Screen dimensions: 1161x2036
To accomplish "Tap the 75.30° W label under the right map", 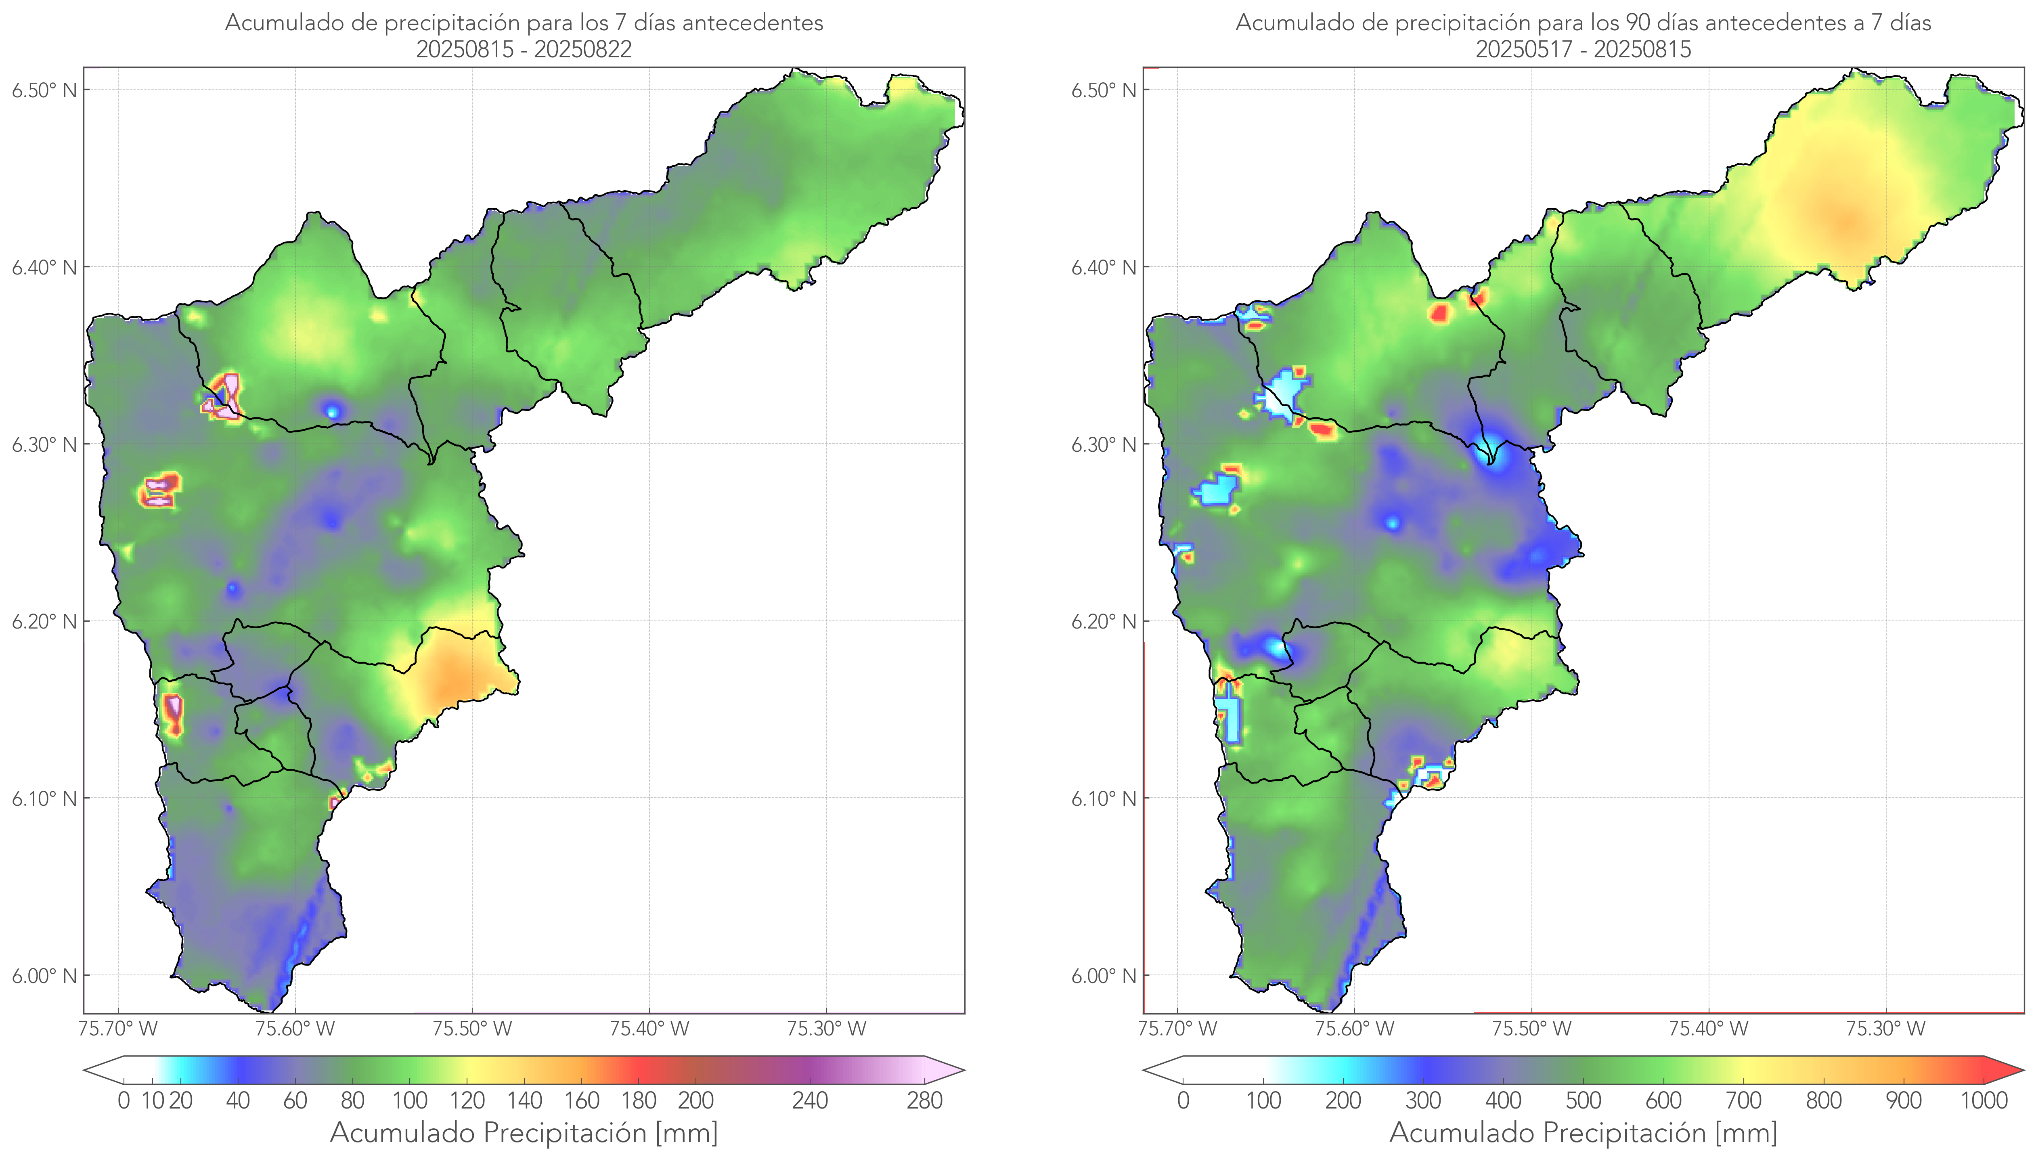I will pos(1885,1029).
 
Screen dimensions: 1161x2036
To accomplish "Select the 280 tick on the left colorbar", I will pos(925,1101).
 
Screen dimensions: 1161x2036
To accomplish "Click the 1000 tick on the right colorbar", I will pos(1984,1101).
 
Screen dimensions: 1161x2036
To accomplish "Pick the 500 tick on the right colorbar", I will pos(1583,1101).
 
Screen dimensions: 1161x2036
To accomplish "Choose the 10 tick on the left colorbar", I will pos(153,1101).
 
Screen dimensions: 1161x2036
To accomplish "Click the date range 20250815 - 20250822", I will pos(524,49).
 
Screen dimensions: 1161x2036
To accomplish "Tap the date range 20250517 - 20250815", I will pos(1583,49).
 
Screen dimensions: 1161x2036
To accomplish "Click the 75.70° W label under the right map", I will pos(1177,1029).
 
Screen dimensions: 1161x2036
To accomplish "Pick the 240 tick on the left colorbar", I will pos(810,1101).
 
